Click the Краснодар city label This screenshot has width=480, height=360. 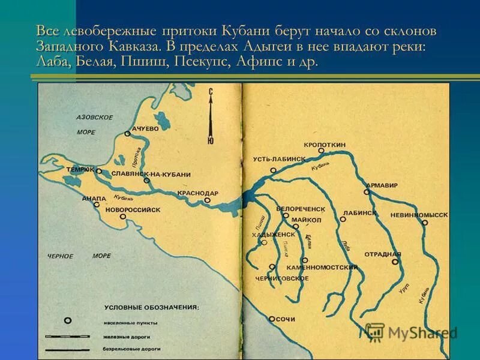click(198, 193)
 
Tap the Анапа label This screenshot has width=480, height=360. click(94, 197)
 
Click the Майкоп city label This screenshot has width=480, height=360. click(306, 220)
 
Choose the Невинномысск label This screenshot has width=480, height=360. click(419, 214)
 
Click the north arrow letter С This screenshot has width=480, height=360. click(211, 91)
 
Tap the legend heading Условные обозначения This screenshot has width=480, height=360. click(151, 307)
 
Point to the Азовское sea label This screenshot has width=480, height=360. click(95, 117)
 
